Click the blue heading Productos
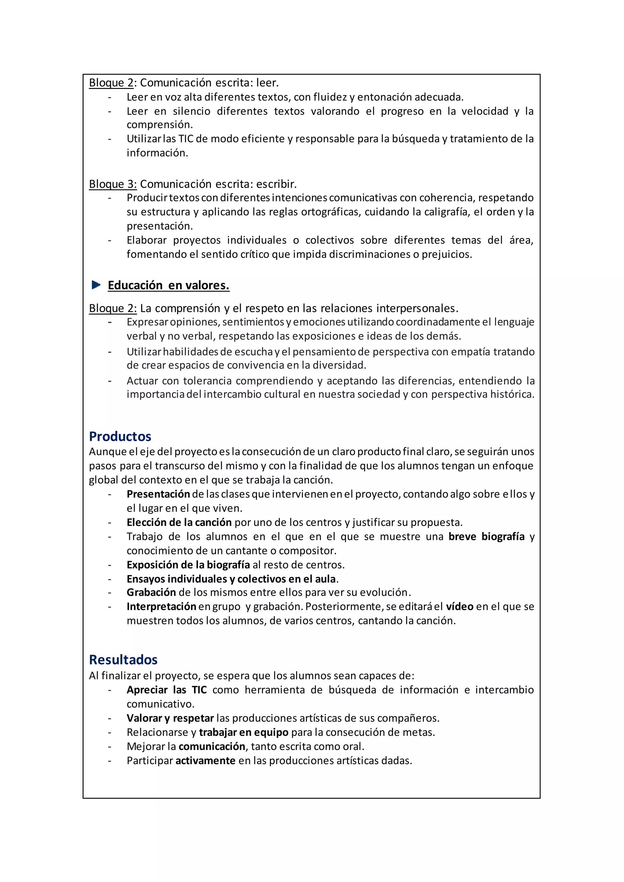tap(120, 436)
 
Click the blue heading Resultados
tap(123, 660)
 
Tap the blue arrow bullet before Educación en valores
tap(96, 285)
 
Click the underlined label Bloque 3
tap(112, 184)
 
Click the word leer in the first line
tap(266, 83)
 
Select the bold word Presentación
tap(158, 494)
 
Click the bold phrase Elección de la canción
tap(179, 522)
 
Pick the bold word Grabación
tap(151, 592)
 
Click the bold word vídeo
tap(459, 607)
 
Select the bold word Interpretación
tap(161, 607)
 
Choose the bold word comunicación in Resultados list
tap(212, 746)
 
